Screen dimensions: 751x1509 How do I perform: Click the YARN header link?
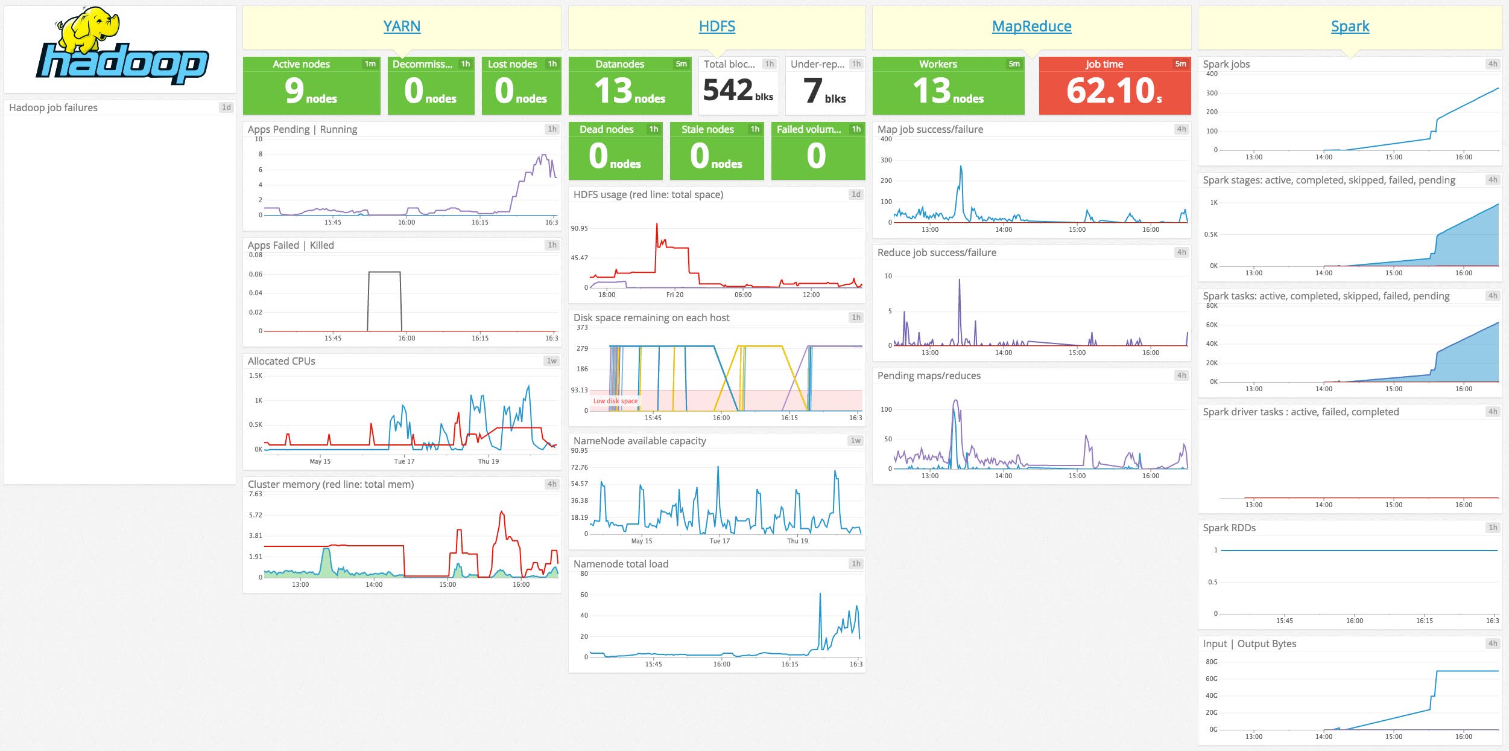[402, 27]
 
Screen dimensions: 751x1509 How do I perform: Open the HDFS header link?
[717, 27]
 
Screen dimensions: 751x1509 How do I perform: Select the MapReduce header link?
[1031, 27]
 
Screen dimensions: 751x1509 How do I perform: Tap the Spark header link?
[1350, 27]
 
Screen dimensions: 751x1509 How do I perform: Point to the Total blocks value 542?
[728, 91]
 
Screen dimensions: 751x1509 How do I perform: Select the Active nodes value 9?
[294, 91]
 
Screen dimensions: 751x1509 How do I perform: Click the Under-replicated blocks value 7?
[813, 91]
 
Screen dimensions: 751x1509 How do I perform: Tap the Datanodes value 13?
[613, 91]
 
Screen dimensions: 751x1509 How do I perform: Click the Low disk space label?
[615, 401]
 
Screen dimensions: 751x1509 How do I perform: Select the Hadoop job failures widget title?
[53, 107]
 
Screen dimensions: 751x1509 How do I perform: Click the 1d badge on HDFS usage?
[855, 194]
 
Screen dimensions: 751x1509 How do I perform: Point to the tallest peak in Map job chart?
[961, 167]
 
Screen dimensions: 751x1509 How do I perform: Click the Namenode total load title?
[621, 564]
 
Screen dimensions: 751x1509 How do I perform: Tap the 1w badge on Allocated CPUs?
[551, 361]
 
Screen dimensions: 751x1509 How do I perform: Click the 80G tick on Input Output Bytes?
[1211, 662]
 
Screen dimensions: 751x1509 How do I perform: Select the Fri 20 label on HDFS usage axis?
[675, 295]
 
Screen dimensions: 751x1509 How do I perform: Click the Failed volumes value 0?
[816, 156]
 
